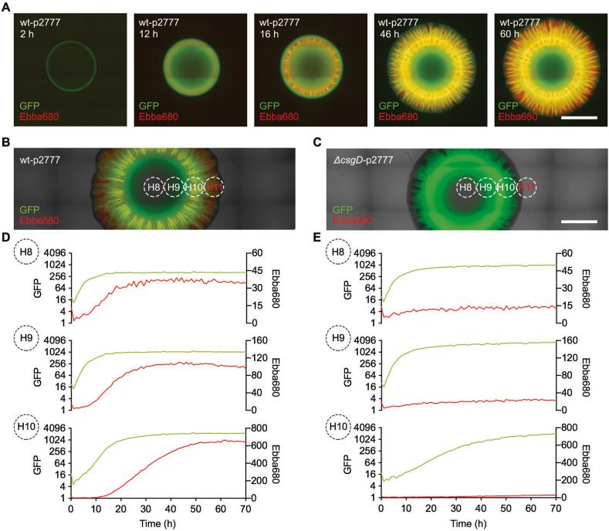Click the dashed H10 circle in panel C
click(505, 187)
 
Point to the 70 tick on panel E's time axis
click(555, 509)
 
